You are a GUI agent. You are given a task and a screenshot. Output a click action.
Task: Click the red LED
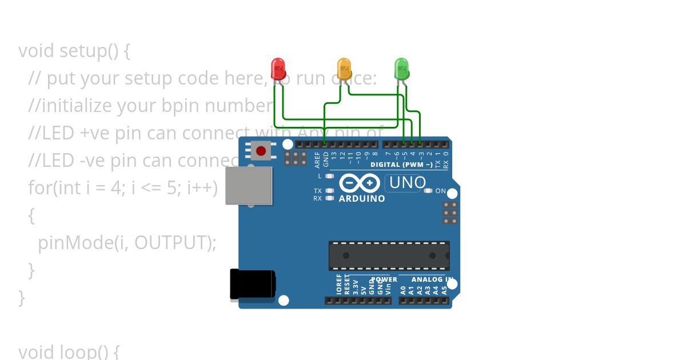[278, 69]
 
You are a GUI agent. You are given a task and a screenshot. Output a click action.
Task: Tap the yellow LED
[344, 69]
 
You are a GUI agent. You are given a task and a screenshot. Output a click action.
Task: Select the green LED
[402, 69]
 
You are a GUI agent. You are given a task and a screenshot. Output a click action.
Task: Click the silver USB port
[249, 186]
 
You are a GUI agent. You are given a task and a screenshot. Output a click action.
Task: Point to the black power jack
[252, 284]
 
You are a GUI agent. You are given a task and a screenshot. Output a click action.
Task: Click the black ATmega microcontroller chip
[389, 255]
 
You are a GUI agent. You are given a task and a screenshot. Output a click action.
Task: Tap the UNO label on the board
[406, 183]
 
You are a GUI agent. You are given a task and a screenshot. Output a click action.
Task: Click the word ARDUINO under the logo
[362, 199]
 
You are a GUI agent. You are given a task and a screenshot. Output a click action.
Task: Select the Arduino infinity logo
[360, 183]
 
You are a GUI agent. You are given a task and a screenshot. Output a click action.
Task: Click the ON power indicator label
[441, 191]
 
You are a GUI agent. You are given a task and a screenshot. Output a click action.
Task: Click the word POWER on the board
[384, 280]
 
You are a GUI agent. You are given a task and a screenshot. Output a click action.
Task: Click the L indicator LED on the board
[329, 176]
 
